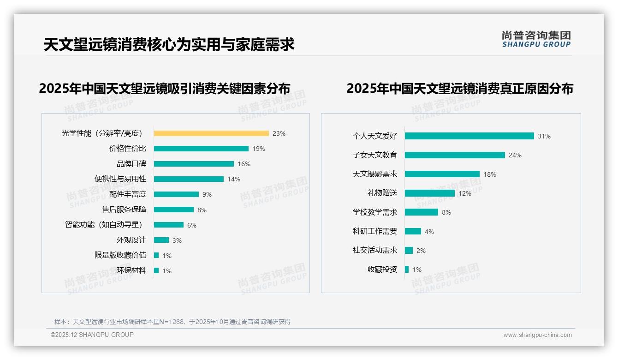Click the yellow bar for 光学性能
coord(211,133)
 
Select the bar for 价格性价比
coord(201,149)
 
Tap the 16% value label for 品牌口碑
coord(244,164)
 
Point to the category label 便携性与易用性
coord(120,179)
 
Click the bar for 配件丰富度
coord(176,194)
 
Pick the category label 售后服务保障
coord(124,210)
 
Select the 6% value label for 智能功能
coord(192,225)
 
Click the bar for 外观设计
coord(161,240)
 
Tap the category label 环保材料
coord(131,270)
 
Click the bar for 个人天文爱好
coord(469,136)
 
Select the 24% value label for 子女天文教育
coord(515,156)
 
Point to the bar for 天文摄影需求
coord(442,174)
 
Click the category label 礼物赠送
coord(382,193)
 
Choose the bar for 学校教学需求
coord(422,212)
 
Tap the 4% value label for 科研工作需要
coord(429,232)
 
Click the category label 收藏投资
coord(382,270)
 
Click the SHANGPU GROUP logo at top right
coord(536,39)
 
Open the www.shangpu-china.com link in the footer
coord(537,335)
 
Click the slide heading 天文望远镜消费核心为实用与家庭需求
coord(169,45)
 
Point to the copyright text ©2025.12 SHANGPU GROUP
coord(92,335)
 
